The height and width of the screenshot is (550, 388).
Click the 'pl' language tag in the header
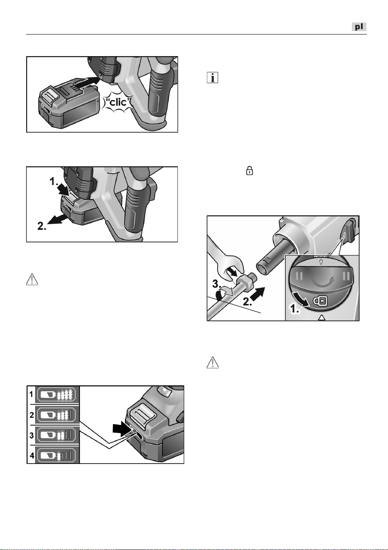pyautogui.click(x=359, y=27)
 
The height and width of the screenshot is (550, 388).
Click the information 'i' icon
pyautogui.click(x=212, y=78)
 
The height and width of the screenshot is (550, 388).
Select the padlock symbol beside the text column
pyautogui.click(x=249, y=170)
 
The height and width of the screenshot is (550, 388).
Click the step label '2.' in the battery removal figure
pyautogui.click(x=42, y=226)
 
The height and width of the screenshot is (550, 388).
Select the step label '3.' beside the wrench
pyautogui.click(x=217, y=284)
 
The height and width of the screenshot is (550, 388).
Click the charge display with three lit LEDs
pyautogui.click(x=57, y=415)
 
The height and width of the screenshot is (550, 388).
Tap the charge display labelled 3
pyautogui.click(x=57, y=436)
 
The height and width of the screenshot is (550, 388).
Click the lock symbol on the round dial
pyautogui.click(x=320, y=301)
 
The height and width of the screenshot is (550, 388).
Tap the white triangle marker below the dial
pyautogui.click(x=322, y=318)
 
